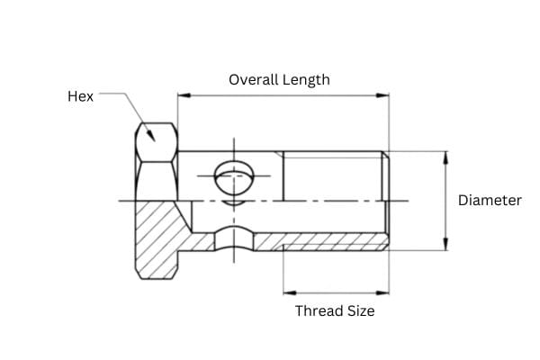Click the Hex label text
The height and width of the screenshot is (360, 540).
tap(80, 95)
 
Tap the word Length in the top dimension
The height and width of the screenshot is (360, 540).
tap(307, 79)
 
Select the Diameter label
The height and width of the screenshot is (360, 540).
tap(490, 200)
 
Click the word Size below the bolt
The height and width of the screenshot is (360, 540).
tap(362, 310)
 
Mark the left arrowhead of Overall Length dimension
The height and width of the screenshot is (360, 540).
tap(182, 94)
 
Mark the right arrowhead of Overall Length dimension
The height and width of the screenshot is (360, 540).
tap(384, 94)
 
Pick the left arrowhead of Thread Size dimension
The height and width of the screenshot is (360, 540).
tap(288, 292)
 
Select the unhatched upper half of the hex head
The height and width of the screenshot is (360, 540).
tap(156, 160)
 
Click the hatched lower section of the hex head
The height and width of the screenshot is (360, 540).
tap(157, 238)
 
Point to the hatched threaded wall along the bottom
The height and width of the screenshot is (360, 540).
tap(333, 242)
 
